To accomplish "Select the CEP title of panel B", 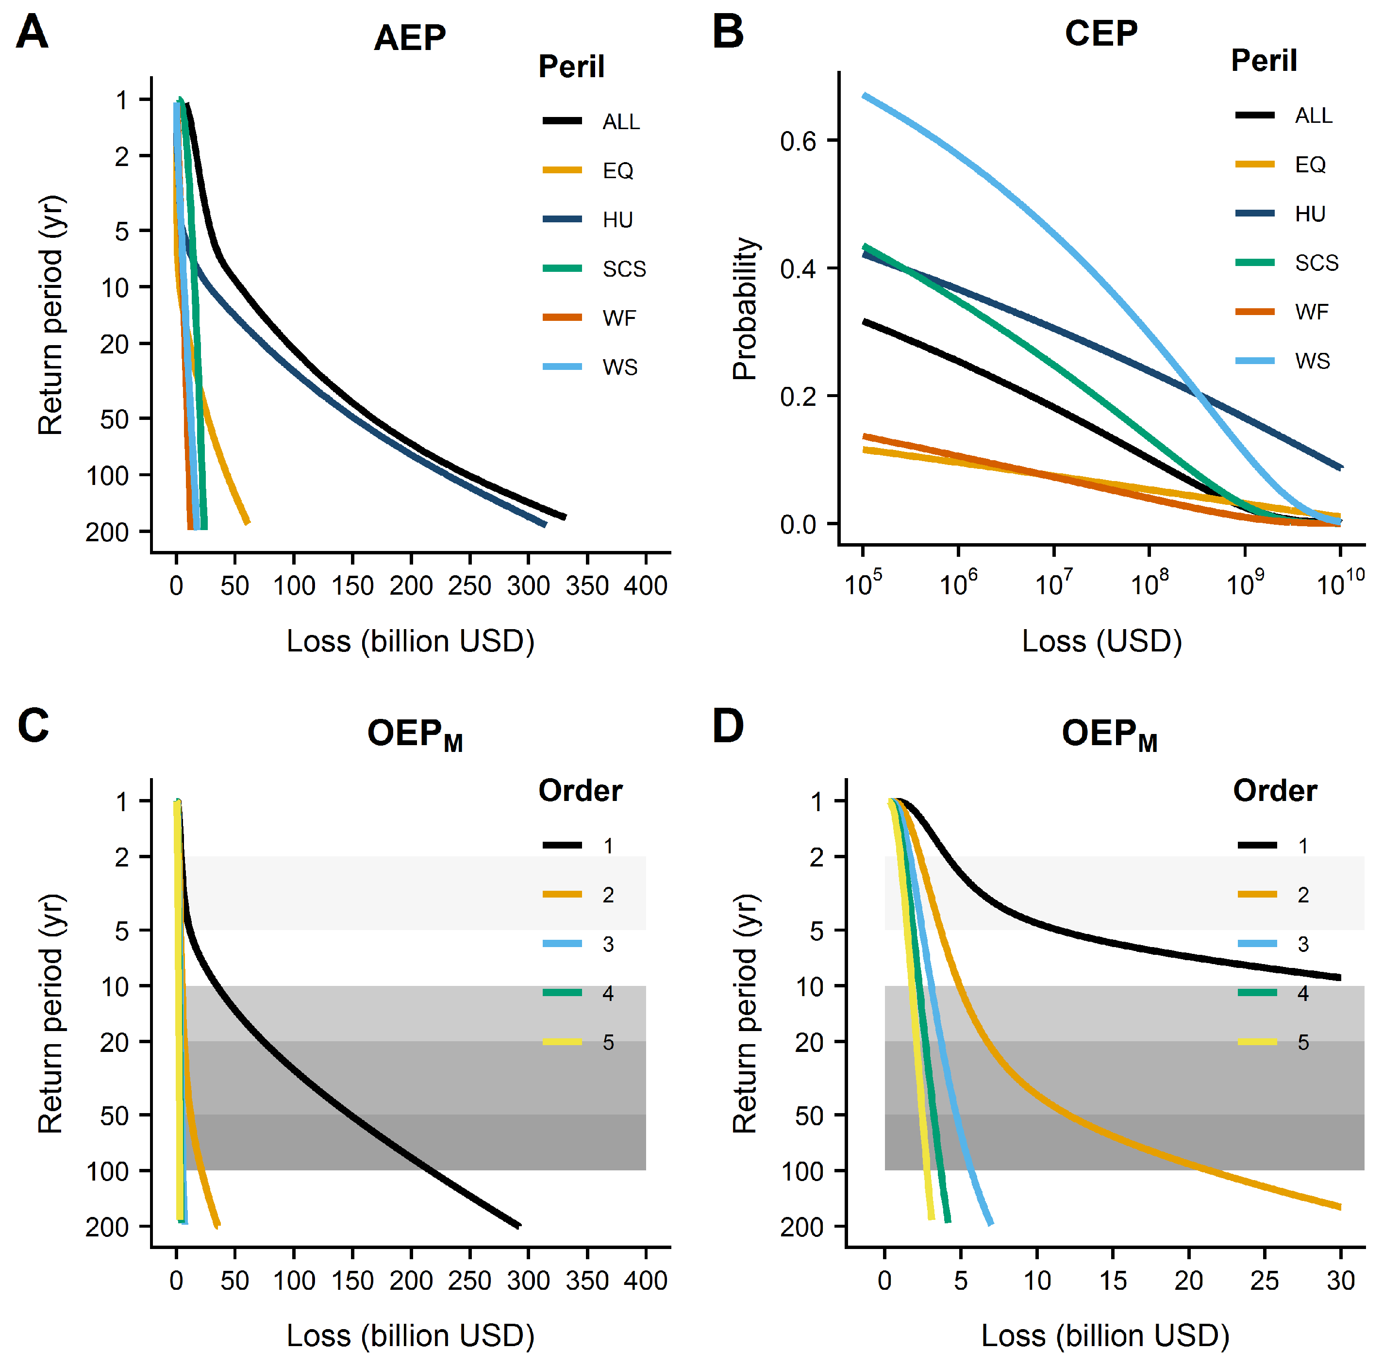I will [x=1100, y=33].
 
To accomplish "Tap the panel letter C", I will [x=33, y=725].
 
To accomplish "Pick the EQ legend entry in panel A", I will [x=617, y=170].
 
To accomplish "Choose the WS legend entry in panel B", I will [x=1312, y=361].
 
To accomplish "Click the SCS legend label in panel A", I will [x=623, y=269].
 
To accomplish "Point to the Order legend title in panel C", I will [x=580, y=790].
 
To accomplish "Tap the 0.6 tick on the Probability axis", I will [x=798, y=141].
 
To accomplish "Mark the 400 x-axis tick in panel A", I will [x=645, y=585].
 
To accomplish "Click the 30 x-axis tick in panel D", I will [x=1340, y=1280].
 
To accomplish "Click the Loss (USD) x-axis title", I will [x=1101, y=641].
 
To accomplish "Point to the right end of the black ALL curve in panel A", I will [x=565, y=517].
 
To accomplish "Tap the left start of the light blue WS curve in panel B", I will [x=865, y=95].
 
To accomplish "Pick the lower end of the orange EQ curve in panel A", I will [x=248, y=523].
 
